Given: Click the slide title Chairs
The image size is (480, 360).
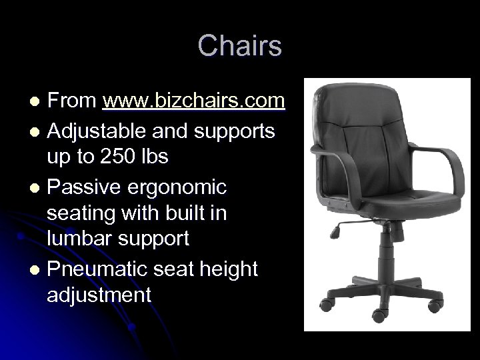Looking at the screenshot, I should click(240, 46).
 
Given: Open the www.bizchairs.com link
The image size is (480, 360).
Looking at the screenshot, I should click(194, 101).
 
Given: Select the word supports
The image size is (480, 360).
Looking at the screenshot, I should click(233, 131).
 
